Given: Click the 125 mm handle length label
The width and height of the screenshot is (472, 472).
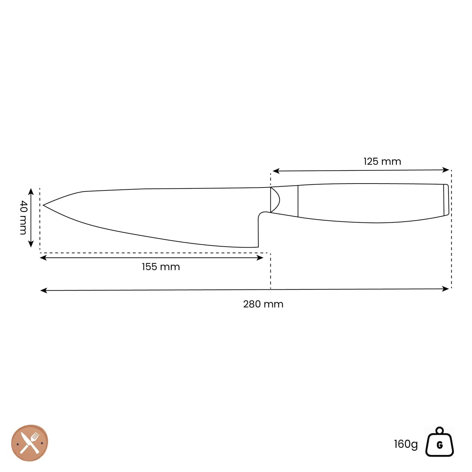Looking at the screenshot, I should tap(382, 161).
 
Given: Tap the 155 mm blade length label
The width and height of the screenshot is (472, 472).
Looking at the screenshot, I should tap(161, 267).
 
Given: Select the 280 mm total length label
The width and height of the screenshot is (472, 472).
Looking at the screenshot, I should tap(263, 304).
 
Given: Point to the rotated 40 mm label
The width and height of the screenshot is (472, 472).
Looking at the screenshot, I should tap(23, 218).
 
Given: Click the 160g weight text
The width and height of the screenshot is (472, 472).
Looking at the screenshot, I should tap(406, 444).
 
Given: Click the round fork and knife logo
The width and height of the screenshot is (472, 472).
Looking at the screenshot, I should tap(30, 443).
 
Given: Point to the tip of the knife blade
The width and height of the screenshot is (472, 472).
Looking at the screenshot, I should tap(44, 205).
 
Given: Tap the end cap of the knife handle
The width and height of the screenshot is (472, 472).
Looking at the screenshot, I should tap(446, 200).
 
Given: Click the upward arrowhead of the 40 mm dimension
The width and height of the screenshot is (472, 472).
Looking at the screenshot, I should tap(31, 190).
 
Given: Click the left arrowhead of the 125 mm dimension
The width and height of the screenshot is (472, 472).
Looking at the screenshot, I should tap(275, 171).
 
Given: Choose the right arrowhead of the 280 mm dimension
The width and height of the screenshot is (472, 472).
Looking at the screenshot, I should tap(447, 289).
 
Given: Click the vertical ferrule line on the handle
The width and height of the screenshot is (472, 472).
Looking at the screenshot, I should tap(298, 201).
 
